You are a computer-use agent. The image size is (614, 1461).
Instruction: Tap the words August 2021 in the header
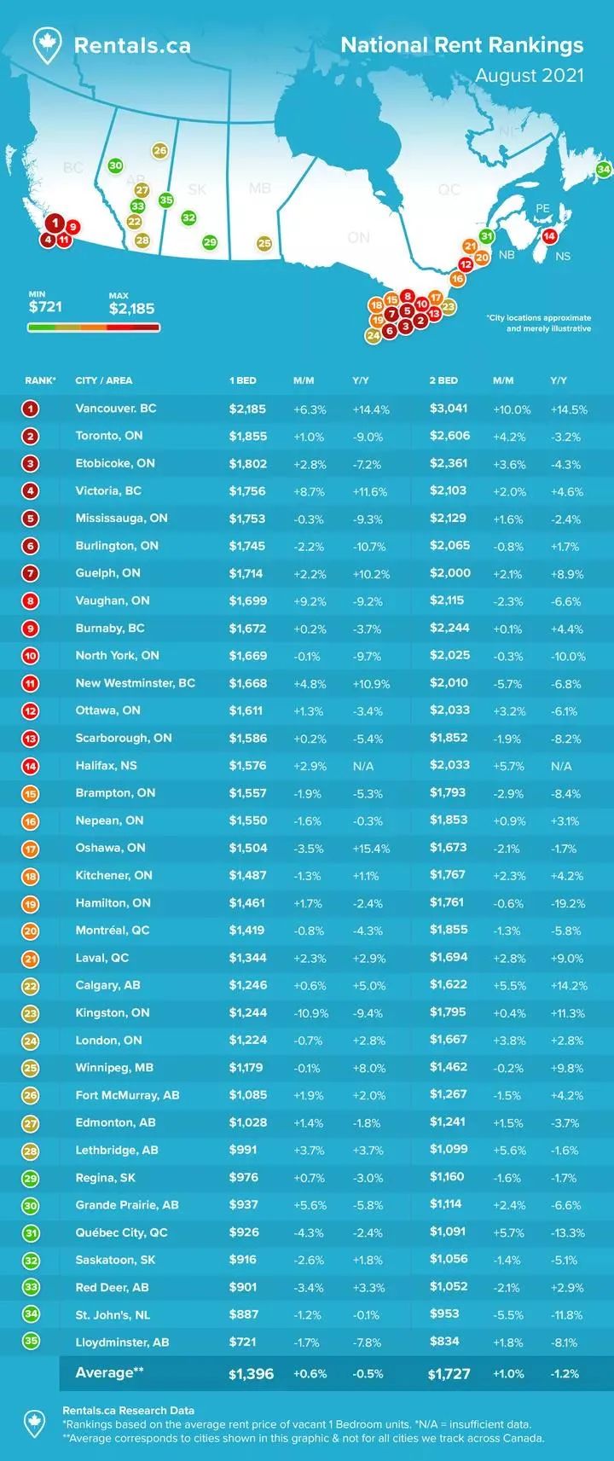(x=529, y=75)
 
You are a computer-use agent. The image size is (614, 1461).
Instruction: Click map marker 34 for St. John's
(x=604, y=170)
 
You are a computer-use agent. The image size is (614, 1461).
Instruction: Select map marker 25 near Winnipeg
(x=264, y=244)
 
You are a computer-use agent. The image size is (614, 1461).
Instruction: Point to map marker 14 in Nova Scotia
(x=549, y=235)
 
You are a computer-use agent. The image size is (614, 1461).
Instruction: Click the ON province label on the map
(x=358, y=237)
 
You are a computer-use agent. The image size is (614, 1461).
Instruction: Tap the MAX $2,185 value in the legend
(x=131, y=309)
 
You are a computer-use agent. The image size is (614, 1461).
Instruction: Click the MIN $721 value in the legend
(x=45, y=306)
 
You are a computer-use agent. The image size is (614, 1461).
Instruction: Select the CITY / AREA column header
(x=104, y=380)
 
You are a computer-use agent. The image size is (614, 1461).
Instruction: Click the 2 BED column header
(x=443, y=380)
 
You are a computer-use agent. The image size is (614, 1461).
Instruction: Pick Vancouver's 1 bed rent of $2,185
(x=247, y=409)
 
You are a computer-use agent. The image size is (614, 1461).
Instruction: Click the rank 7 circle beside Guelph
(x=32, y=573)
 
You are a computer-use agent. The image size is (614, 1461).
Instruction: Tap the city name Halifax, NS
(x=106, y=765)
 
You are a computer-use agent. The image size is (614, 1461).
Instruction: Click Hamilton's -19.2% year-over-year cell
(x=567, y=903)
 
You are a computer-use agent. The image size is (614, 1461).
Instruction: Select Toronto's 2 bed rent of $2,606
(x=449, y=436)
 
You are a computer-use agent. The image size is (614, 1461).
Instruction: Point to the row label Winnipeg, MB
(x=112, y=1067)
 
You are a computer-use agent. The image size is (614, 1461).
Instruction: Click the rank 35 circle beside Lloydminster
(x=32, y=1342)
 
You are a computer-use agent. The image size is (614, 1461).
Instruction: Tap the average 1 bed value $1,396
(x=251, y=1374)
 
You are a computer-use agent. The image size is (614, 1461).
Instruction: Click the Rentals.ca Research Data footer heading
(x=128, y=1410)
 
